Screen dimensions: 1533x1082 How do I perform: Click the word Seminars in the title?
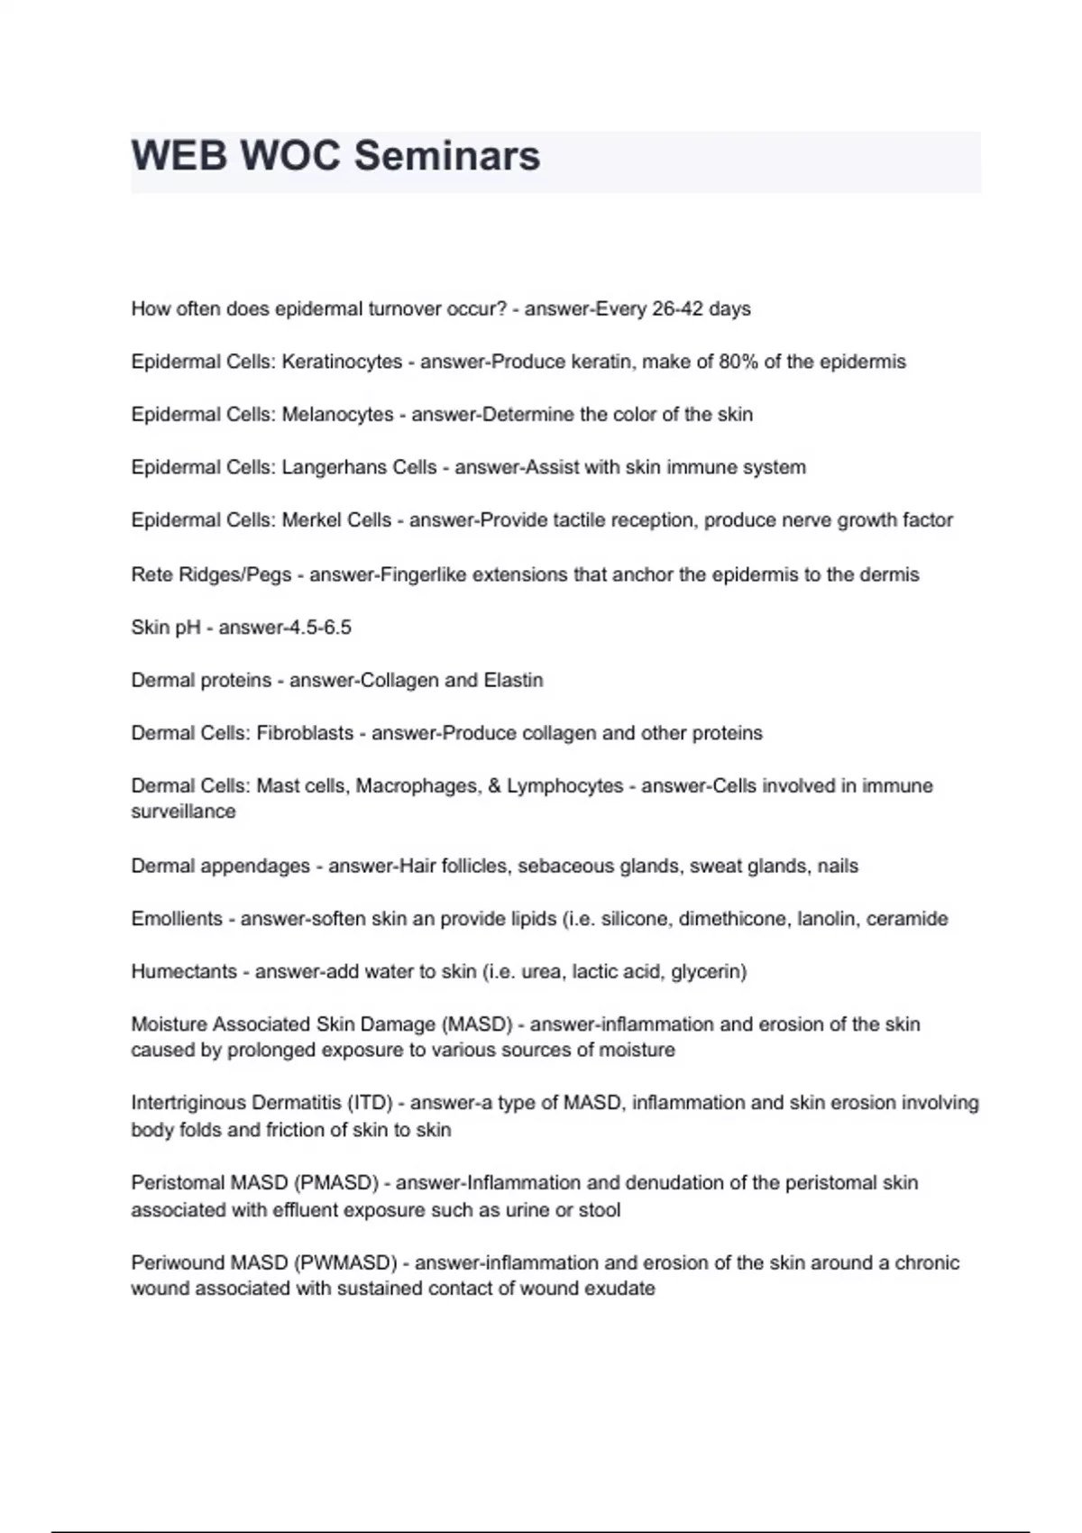pyautogui.click(x=447, y=156)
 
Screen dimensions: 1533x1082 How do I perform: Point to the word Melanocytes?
pyautogui.click(x=337, y=415)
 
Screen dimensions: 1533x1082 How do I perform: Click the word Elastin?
pyautogui.click(x=513, y=680)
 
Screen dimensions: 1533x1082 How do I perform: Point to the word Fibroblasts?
pyautogui.click(x=305, y=733)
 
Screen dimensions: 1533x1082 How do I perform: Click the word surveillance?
pyautogui.click(x=183, y=812)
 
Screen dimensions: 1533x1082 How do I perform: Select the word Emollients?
pyautogui.click(x=177, y=919)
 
